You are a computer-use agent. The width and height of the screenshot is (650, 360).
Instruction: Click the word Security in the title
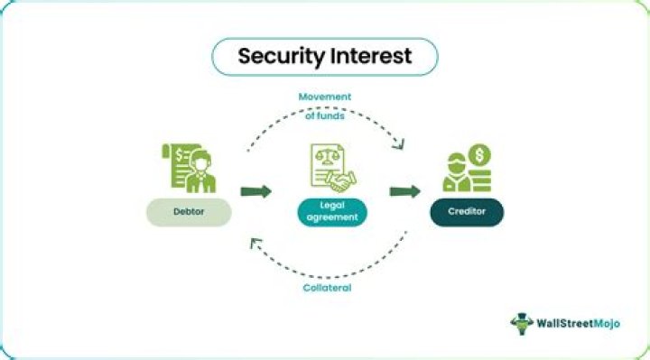[x=280, y=56]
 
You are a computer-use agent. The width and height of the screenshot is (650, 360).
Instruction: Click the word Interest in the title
[x=371, y=56]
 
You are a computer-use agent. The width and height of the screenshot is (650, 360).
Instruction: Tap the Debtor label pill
[x=190, y=213]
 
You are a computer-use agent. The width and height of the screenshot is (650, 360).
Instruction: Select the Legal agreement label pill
[x=332, y=213]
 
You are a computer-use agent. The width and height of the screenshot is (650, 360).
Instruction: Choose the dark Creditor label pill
[x=467, y=213]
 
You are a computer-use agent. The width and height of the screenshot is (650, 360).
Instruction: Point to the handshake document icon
[x=332, y=170]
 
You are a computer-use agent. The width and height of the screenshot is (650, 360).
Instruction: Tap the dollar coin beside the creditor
[x=479, y=156]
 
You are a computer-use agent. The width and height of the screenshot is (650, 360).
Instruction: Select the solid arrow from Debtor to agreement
[x=256, y=191]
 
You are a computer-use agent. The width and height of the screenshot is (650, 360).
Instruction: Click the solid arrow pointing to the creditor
[x=405, y=191]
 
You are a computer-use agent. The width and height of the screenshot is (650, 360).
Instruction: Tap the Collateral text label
[x=326, y=288]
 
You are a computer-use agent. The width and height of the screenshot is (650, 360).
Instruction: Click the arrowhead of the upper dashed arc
[x=399, y=144]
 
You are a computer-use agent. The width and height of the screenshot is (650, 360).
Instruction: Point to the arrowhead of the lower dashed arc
[x=255, y=241]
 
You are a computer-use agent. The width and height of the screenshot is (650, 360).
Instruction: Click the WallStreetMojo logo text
[x=589, y=323]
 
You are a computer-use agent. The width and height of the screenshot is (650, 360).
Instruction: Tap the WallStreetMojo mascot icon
[x=523, y=323]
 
